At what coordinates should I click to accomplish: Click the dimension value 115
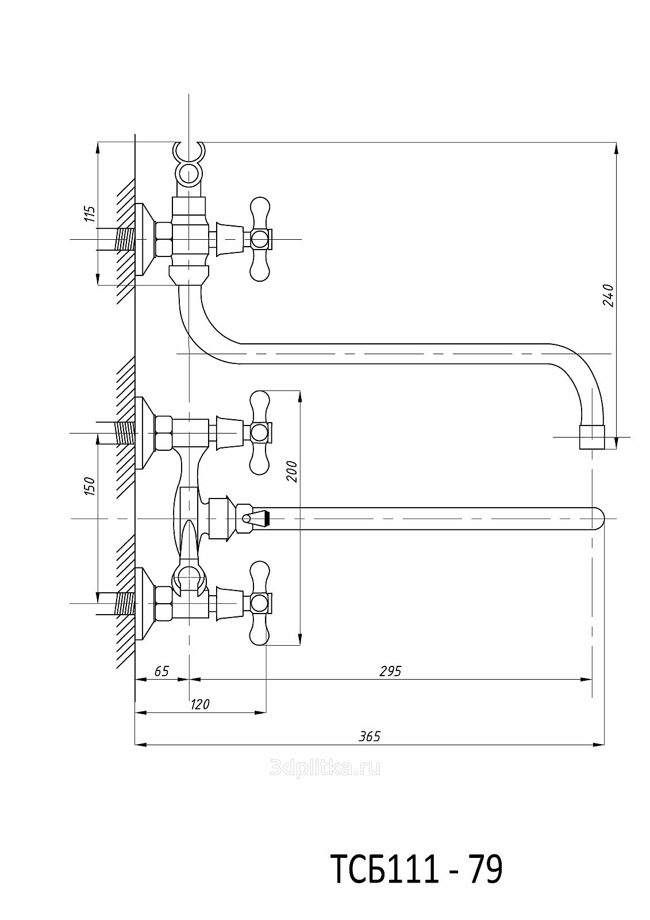(x=89, y=213)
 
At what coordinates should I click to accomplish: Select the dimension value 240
(x=609, y=295)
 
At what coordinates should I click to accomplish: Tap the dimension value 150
(x=89, y=486)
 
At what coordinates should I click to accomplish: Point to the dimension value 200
(x=292, y=471)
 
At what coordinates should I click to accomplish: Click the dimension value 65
(x=162, y=671)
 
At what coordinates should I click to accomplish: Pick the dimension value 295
(x=390, y=671)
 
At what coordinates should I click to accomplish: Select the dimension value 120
(x=200, y=704)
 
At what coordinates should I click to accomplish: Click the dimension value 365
(x=370, y=737)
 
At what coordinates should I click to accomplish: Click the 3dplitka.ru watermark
(x=325, y=768)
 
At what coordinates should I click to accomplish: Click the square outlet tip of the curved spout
(x=591, y=437)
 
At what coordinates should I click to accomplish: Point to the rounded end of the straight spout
(x=598, y=518)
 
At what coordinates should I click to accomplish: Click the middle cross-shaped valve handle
(x=260, y=432)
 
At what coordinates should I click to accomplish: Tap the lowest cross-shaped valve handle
(x=260, y=603)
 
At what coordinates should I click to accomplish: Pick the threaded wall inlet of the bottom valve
(x=124, y=603)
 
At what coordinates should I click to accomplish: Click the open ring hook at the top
(x=189, y=152)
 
